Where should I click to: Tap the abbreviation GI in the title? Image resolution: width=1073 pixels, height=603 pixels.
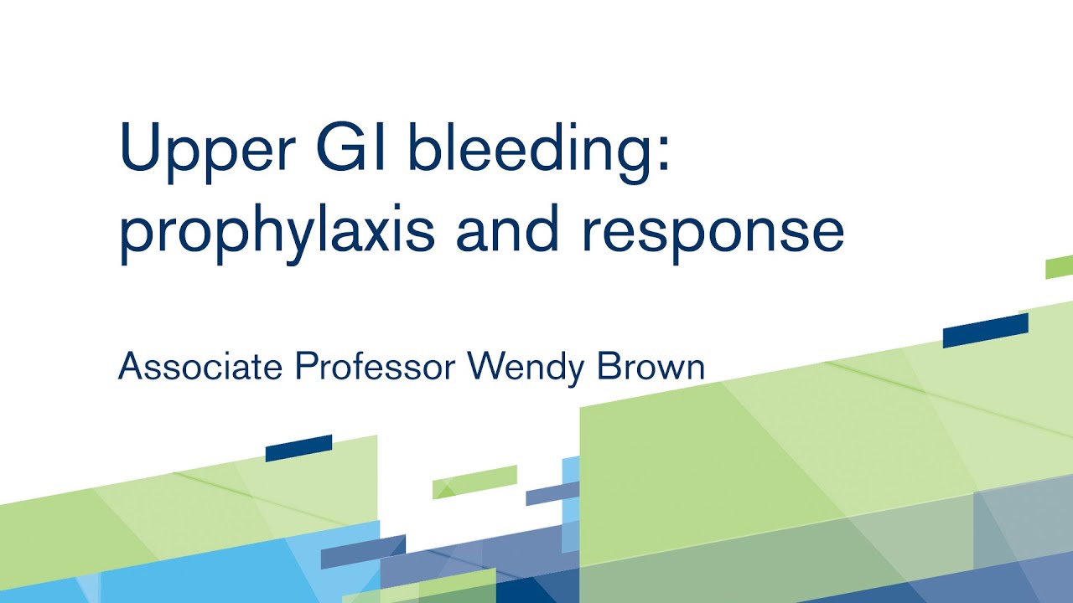(x=353, y=150)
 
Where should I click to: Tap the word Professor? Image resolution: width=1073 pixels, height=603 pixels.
(x=376, y=366)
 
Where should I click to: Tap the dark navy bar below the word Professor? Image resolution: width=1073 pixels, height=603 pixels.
(x=299, y=448)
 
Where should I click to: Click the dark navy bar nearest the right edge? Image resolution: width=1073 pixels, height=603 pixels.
(x=985, y=331)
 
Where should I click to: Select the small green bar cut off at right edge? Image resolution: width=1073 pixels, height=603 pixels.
(x=1060, y=267)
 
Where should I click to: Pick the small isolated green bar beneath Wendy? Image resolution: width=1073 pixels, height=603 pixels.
(x=474, y=482)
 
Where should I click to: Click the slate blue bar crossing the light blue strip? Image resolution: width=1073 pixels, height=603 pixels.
(x=553, y=494)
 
